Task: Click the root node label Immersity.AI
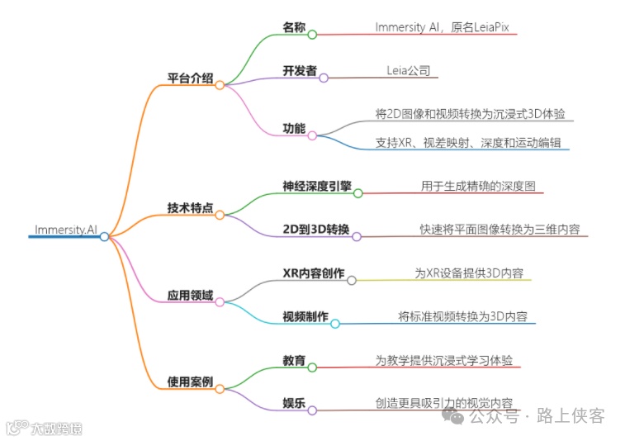click(65, 229)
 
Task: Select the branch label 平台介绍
click(190, 78)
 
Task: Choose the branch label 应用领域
click(190, 295)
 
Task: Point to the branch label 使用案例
click(190, 382)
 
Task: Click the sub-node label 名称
click(294, 28)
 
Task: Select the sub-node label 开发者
click(300, 71)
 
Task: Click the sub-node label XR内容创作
click(314, 273)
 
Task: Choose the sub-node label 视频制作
click(305, 316)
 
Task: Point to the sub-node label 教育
click(294, 360)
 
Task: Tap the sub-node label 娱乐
click(294, 403)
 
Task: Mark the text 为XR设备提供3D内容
click(468, 273)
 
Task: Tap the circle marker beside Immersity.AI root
click(104, 237)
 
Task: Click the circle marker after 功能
click(312, 135)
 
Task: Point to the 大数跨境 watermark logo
click(45, 428)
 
